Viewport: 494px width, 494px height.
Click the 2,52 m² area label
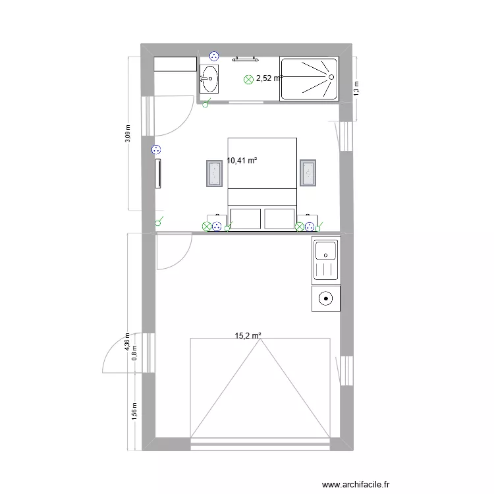tap(269, 78)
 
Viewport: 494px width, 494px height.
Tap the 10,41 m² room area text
tap(242, 160)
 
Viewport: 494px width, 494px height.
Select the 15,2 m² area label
tap(248, 335)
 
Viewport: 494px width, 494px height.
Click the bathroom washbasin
tap(209, 79)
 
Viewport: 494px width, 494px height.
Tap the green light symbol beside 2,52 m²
tap(248, 79)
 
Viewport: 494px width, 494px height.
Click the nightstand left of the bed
tap(215, 173)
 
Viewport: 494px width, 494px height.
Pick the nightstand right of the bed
tap(308, 173)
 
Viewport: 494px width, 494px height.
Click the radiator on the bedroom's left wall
tap(158, 173)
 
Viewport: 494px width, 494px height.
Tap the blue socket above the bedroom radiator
tap(155, 150)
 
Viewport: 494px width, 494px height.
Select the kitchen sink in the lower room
tap(326, 260)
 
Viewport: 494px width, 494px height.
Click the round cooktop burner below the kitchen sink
tap(326, 298)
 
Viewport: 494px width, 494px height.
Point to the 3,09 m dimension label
tap(128, 134)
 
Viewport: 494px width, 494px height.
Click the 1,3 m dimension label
tap(356, 88)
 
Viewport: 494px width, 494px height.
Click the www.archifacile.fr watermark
tap(357, 483)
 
